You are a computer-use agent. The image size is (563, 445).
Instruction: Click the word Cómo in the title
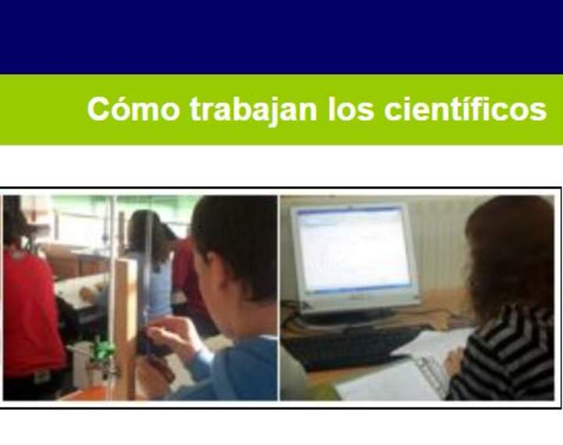click(x=133, y=109)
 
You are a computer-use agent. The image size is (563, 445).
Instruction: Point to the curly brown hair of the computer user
click(x=508, y=250)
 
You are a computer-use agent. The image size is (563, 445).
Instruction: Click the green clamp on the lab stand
click(x=101, y=351)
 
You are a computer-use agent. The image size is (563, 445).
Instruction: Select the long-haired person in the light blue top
click(x=149, y=258)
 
